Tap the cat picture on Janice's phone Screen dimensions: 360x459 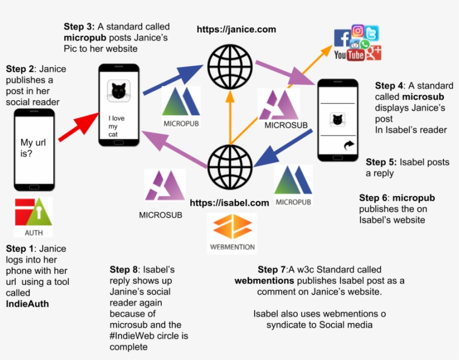pos(118,91)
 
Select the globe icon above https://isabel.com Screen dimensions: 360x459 pos(230,164)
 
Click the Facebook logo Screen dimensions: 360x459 pos(342,38)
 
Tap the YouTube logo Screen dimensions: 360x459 pos(349,54)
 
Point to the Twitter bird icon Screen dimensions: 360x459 pos(371,33)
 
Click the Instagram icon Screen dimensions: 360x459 pos(358,31)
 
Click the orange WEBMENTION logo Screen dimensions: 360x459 pos(232,232)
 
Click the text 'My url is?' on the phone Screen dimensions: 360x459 pos(34,148)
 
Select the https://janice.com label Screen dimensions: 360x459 pos(236,29)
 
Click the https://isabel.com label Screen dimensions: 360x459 pos(229,203)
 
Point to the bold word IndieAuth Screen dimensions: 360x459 pos(27,303)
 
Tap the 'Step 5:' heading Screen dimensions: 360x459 pos(381,162)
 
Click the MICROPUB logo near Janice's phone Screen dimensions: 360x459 pos(181,106)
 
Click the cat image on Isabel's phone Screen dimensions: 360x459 pos(336,119)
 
